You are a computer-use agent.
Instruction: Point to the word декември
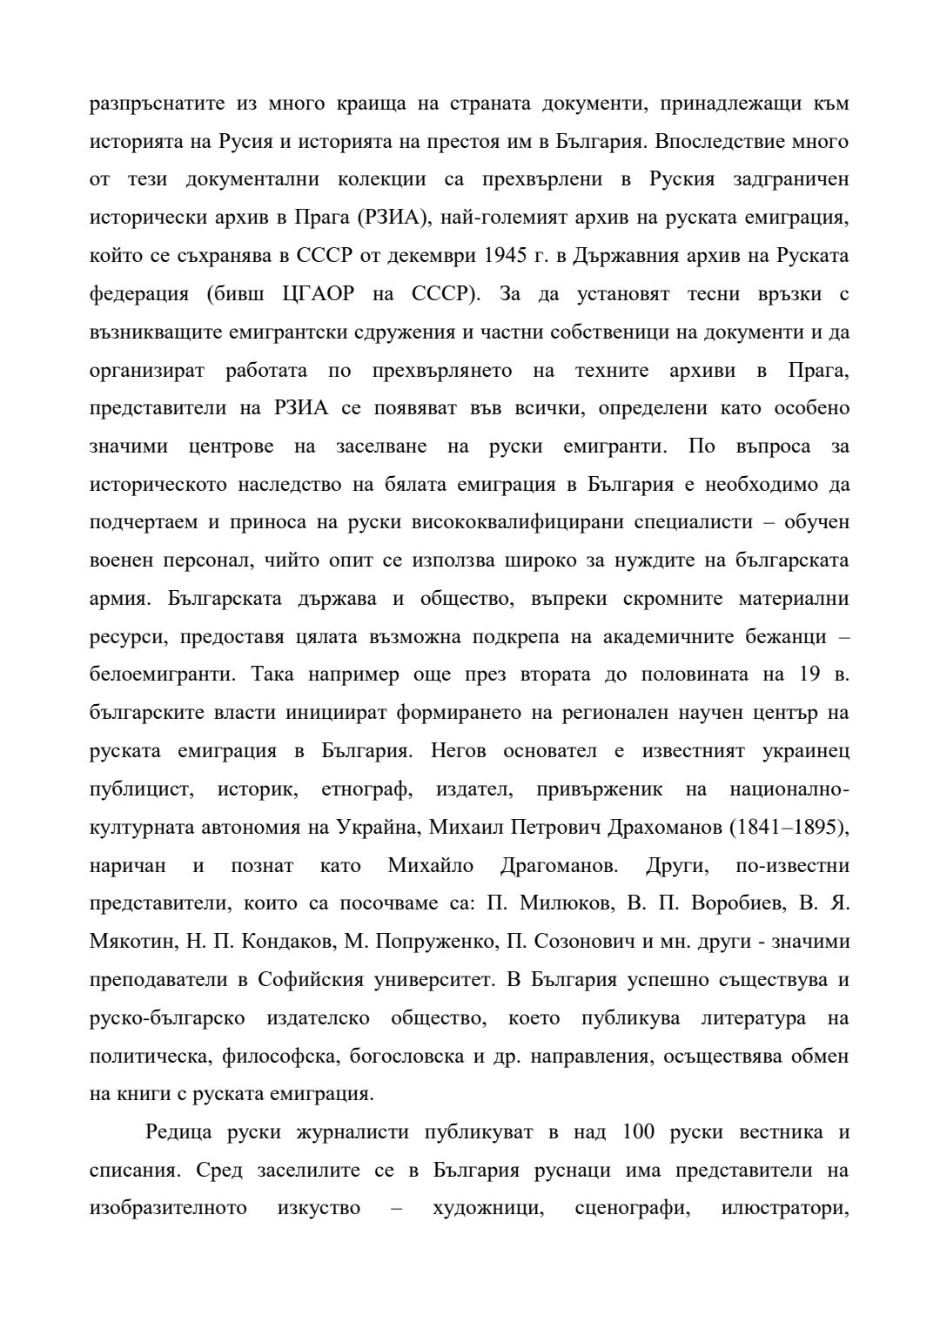(x=426, y=256)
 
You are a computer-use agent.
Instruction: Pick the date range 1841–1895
(x=788, y=828)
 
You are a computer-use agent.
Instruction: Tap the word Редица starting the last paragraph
(x=178, y=1133)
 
